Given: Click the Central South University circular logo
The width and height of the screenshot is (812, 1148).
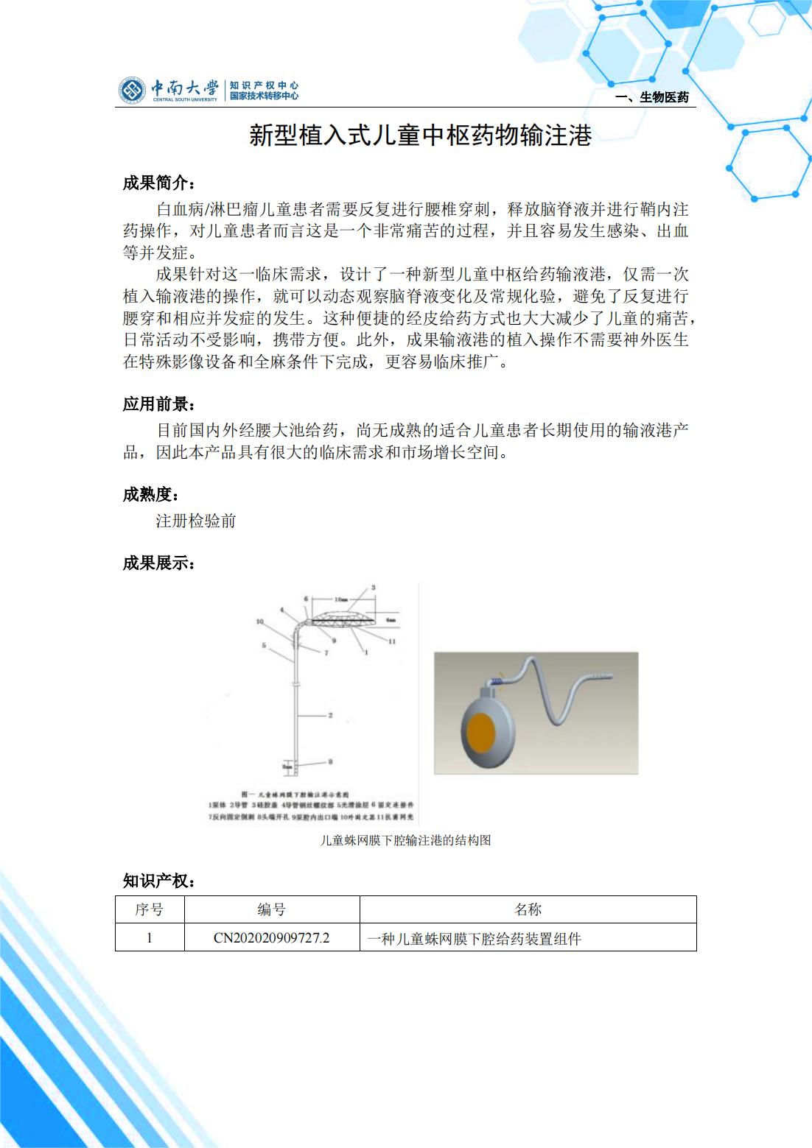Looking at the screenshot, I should pos(133,90).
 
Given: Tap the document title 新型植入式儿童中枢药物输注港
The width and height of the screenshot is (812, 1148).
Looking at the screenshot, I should pos(420,135).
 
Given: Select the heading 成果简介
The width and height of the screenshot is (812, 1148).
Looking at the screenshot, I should pos(158,183).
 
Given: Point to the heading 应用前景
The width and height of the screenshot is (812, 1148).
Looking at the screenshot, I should pos(158,404).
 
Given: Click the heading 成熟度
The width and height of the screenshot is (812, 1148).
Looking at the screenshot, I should pos(150,495).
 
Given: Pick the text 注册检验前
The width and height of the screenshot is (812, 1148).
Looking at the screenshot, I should pos(195,521).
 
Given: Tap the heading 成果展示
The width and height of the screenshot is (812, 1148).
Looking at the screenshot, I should pos(158,564).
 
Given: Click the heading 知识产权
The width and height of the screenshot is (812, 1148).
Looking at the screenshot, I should pos(158,881).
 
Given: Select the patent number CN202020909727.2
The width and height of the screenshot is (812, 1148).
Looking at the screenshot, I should pos(271,938).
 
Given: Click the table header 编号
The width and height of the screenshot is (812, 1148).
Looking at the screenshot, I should pos(271,910).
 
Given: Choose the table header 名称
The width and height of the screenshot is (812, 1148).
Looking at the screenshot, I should pos(528,910).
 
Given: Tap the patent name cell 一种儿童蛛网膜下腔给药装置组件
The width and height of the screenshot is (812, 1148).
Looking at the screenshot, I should pos(474,939).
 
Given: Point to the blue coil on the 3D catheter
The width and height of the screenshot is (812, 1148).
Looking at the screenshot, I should pos(497,682).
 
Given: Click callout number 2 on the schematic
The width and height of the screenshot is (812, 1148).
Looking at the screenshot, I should pos(331,715).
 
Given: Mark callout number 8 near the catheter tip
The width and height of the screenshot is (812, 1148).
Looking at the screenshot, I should pos(331,762).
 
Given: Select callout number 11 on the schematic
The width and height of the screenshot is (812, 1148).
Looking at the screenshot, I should pos(392,641).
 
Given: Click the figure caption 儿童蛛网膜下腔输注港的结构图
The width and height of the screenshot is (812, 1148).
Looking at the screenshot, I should pos(405,840).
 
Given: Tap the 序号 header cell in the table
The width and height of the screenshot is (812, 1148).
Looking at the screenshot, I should pos(149,910).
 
